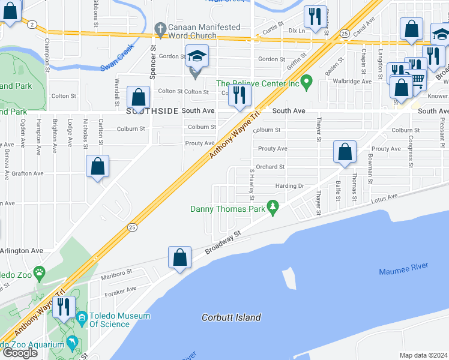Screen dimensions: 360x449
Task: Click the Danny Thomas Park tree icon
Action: (x=273, y=209)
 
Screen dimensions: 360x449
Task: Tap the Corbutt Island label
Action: (x=231, y=317)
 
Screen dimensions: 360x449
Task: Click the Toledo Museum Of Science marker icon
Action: (x=82, y=316)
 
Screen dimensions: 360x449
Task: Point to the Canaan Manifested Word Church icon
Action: (x=160, y=28)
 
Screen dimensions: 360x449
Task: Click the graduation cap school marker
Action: (x=196, y=56)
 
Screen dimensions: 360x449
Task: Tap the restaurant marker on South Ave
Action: (x=240, y=95)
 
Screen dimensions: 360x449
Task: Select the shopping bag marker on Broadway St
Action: (x=179, y=258)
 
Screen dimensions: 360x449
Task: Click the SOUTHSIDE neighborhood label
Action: (x=152, y=111)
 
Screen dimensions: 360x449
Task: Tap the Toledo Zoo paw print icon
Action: (x=39, y=272)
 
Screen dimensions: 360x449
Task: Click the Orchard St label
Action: (x=270, y=167)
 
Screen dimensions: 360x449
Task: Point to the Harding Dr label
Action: (x=289, y=186)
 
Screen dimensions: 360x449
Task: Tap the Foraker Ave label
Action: (x=121, y=292)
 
